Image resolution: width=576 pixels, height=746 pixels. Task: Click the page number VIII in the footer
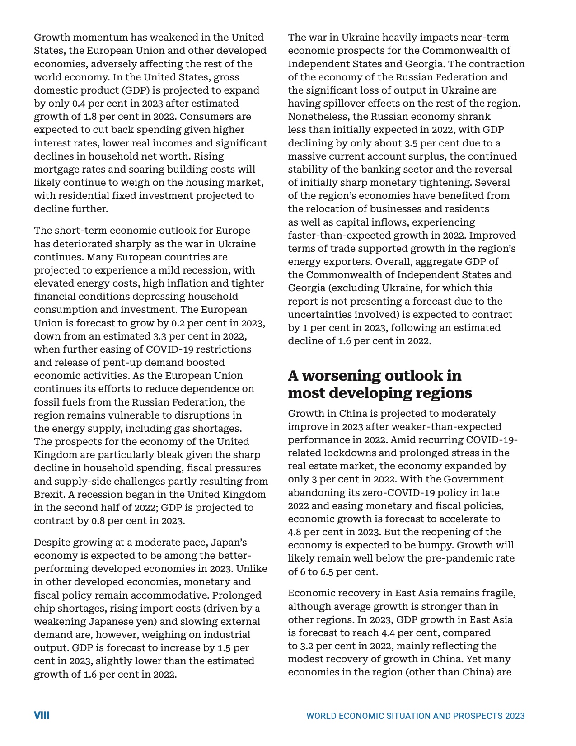pos(42,715)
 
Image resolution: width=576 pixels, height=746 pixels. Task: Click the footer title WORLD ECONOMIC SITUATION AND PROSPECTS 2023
pos(415,716)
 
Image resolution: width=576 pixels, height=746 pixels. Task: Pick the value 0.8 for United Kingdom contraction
pos(98,521)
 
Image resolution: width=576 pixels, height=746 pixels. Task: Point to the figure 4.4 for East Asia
pos(388,633)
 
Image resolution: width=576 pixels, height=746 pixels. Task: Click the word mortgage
pos(55,170)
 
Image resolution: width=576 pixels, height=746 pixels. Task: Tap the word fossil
pos(47,402)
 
